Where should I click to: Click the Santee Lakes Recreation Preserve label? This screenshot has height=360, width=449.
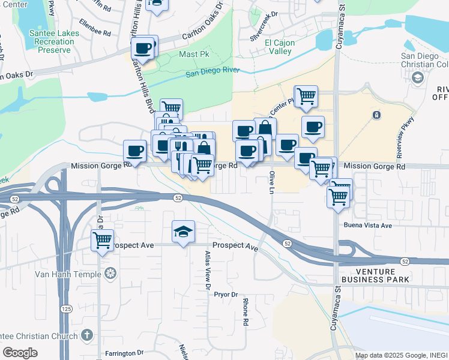point(55,42)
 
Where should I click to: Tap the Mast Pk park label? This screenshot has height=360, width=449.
point(193,55)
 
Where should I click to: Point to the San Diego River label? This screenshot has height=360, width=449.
point(212,72)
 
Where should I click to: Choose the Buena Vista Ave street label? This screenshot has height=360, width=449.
point(367,226)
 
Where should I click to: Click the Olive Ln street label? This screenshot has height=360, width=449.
point(271,181)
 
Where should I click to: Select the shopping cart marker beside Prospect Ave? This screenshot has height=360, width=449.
point(103,241)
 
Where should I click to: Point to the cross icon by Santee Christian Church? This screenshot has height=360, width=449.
point(86,335)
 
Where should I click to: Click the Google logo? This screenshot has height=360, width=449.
point(20,353)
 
